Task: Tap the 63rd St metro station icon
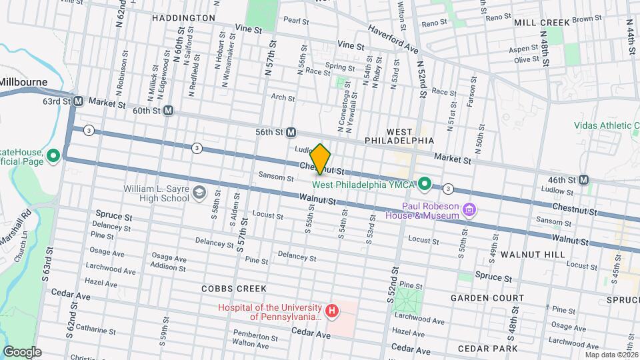78,101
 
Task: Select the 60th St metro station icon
169,111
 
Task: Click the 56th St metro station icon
291,133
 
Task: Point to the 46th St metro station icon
583,179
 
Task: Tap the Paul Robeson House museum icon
469,211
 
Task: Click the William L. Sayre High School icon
199,193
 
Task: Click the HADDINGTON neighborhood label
183,18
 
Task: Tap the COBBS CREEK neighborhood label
235,289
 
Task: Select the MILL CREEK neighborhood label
542,23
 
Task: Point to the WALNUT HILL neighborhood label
533,255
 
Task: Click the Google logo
22,352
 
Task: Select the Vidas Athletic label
606,125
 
